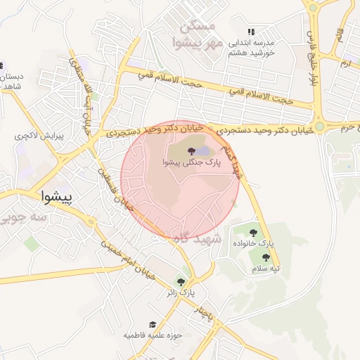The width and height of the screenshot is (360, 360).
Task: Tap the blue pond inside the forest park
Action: [x=203, y=151]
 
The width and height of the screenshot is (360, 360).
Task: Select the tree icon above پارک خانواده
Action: [x=253, y=233]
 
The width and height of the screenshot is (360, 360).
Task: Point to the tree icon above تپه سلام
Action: [x=266, y=258]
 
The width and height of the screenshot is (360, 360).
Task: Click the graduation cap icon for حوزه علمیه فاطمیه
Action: [x=152, y=325]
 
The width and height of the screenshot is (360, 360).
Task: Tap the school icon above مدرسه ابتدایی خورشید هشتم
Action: [x=250, y=32]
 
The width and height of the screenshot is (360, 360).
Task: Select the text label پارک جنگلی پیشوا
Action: [x=191, y=162]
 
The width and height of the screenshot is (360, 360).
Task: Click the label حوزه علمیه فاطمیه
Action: [x=153, y=335]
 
